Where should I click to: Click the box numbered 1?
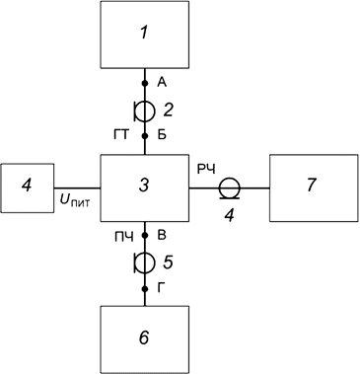145,36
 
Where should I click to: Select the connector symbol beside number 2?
145,110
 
